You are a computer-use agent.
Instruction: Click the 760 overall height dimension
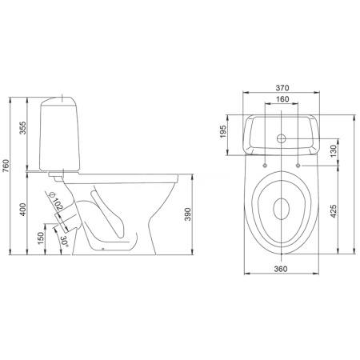tap(6, 166)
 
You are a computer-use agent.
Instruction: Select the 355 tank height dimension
tap(23, 128)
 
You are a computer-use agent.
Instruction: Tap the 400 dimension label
tap(23, 210)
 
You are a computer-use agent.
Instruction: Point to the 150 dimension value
tap(40, 238)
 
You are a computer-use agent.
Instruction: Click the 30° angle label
tap(64, 242)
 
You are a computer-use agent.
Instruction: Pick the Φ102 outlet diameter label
tap(56, 201)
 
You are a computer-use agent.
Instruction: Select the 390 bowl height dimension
tap(188, 214)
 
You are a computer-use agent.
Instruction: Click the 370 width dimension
tap(282, 87)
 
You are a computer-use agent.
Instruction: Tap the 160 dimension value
tap(282, 99)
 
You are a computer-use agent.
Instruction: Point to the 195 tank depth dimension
tap(222, 131)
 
